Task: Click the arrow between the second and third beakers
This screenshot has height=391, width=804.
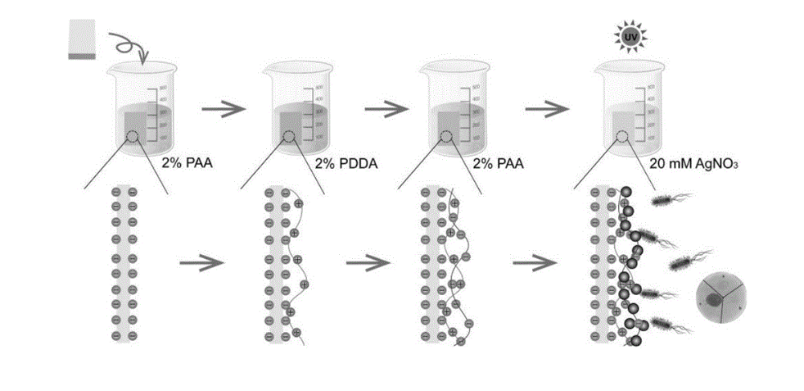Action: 378,109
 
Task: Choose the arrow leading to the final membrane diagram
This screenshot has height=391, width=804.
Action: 533,264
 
